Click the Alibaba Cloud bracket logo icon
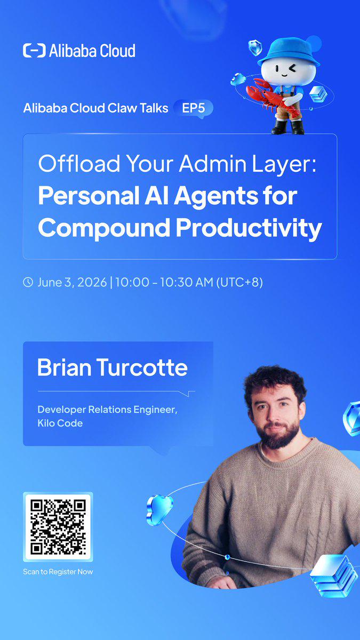34,51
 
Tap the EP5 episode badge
194,108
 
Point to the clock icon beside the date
28,282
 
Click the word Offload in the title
79,163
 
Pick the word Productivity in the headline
249,228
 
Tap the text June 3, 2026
72,282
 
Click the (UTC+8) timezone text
239,282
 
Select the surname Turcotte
142,367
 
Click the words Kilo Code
60,423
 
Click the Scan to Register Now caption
58,572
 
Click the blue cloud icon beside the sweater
159,510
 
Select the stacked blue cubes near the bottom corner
334,575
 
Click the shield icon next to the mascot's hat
255,47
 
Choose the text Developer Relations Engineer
107,410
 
